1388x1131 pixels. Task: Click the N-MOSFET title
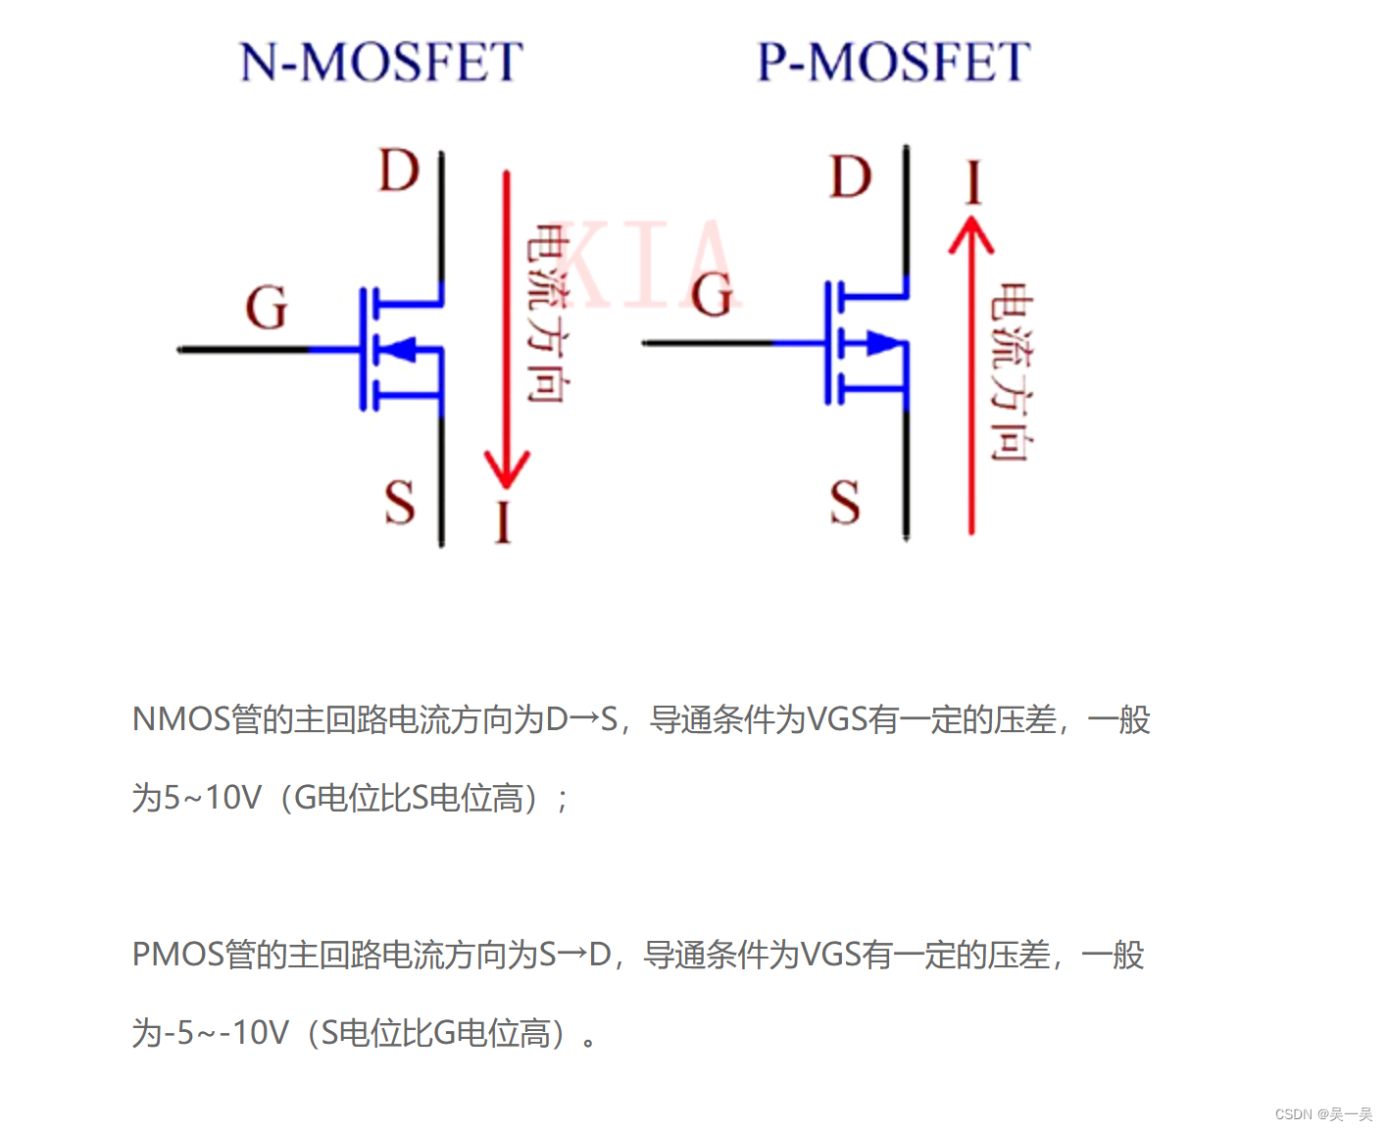(381, 62)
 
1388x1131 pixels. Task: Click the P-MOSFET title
(893, 62)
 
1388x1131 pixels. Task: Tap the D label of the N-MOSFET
(399, 172)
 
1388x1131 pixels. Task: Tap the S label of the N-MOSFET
(399, 504)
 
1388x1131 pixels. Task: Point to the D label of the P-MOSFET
(850, 178)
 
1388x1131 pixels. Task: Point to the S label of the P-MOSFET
(845, 502)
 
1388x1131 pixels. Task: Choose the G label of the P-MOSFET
(713, 295)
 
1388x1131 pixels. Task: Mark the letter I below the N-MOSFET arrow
(504, 522)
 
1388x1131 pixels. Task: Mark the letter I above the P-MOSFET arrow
(972, 183)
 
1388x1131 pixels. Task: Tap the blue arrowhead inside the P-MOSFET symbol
(881, 343)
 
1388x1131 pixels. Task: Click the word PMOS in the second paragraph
(178, 955)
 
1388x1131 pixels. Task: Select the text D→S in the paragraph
(581, 719)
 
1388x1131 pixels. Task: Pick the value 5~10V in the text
(212, 798)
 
